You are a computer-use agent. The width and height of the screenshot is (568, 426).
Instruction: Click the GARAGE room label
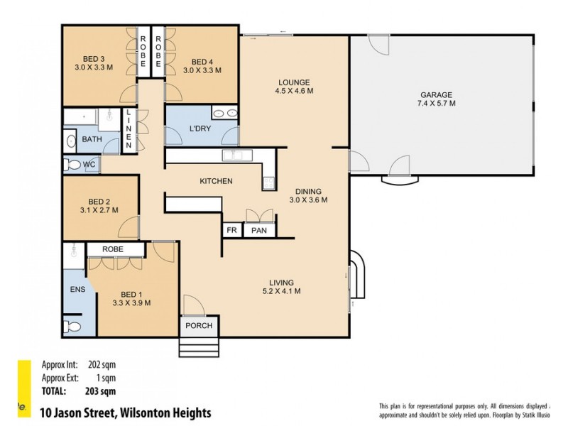coord(437,94)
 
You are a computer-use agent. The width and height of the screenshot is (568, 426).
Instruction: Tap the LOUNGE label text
coord(295,82)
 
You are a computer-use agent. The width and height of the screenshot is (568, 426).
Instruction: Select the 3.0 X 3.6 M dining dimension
coord(308,200)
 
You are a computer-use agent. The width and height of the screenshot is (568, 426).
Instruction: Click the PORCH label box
coord(198,325)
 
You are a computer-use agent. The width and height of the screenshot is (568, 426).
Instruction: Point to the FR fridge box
coord(231,230)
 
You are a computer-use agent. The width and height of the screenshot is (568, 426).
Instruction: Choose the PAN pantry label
coord(258,230)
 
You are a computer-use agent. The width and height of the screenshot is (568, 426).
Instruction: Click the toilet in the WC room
coord(72,165)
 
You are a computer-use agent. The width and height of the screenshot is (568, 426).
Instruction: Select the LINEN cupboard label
coord(129,129)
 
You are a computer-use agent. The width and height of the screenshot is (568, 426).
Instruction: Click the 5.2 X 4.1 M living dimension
coord(281,291)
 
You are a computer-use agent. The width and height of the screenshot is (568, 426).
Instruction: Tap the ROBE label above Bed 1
coord(113,249)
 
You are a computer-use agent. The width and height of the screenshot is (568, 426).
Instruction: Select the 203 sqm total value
coord(101,390)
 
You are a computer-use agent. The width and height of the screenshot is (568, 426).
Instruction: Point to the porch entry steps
coord(199,348)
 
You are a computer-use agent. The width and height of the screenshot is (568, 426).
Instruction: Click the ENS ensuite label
coord(77,290)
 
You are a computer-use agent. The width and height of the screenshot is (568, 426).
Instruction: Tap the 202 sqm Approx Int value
coord(101,366)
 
